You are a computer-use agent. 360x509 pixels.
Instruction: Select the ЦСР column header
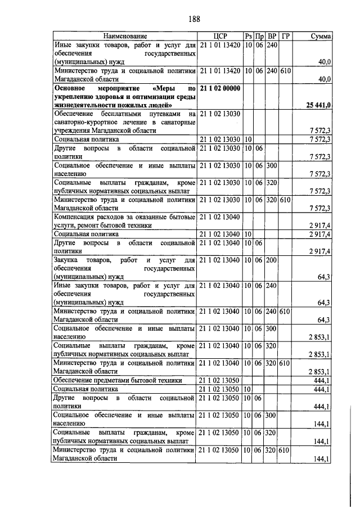(219, 37)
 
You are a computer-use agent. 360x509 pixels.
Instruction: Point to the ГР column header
(286, 37)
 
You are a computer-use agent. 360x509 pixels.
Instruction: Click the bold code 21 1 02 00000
(219, 89)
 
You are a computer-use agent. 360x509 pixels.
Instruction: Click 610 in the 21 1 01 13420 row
(286, 71)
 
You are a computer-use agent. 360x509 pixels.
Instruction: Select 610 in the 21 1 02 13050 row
(286, 451)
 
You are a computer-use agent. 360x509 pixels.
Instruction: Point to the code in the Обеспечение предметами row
(219, 380)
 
